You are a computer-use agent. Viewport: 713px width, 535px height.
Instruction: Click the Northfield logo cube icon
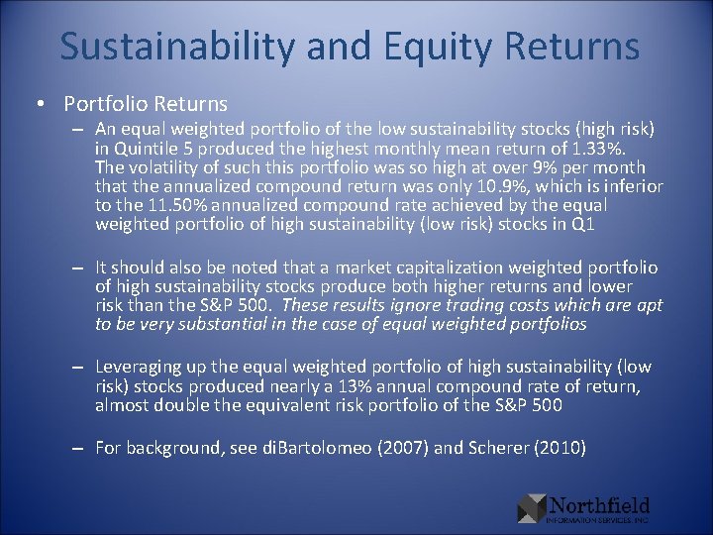pos(532,507)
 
